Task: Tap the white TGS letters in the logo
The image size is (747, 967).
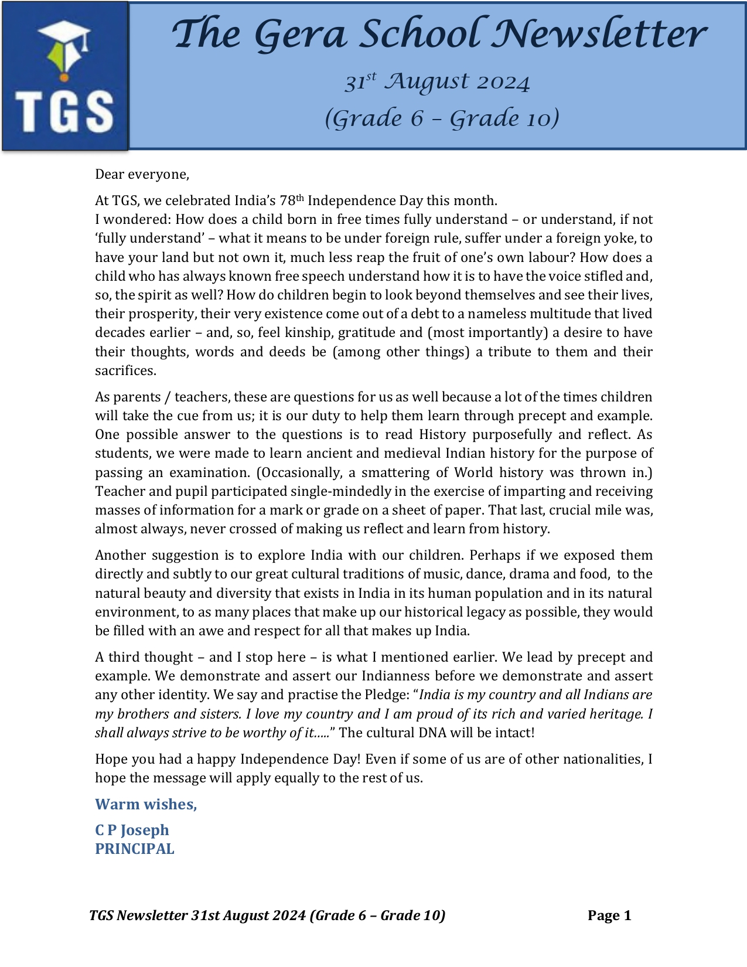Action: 64,111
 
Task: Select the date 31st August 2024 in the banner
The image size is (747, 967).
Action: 437,82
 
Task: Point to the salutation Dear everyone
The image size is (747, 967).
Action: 142,174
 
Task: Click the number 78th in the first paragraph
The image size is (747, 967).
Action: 292,200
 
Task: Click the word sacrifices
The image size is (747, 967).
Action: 125,370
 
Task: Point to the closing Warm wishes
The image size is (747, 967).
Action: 146,804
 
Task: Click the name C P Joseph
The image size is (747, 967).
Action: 132,830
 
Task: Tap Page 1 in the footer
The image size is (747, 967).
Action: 609,915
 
